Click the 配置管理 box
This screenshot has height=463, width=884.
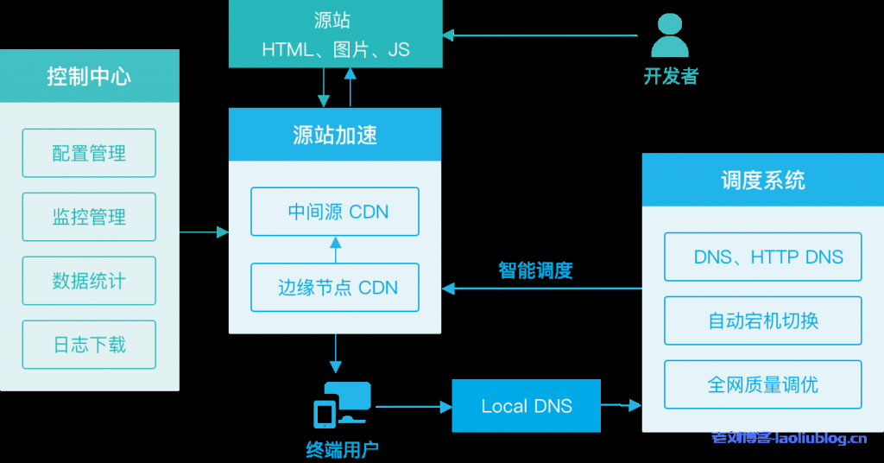[89, 153]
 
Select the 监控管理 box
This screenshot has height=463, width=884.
[89, 217]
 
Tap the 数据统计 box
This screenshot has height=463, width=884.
[89, 281]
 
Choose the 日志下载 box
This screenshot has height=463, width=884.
[89, 345]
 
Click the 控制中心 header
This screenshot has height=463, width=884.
[89, 77]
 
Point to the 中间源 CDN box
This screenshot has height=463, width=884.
[335, 212]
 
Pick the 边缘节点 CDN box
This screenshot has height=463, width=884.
[335, 288]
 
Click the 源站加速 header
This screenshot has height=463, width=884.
[335, 135]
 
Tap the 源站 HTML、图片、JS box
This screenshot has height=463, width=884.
[335, 34]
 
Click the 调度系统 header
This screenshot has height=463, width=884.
[762, 180]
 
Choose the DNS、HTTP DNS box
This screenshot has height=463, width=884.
[762, 257]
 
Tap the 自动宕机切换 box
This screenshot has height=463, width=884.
[762, 320]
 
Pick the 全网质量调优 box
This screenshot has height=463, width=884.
[762, 384]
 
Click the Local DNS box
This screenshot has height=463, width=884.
[527, 406]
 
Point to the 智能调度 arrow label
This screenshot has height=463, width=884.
[535, 270]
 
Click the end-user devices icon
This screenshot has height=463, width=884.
[341, 404]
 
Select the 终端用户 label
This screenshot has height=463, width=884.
[342, 449]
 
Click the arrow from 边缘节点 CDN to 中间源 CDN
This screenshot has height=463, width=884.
[335, 250]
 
